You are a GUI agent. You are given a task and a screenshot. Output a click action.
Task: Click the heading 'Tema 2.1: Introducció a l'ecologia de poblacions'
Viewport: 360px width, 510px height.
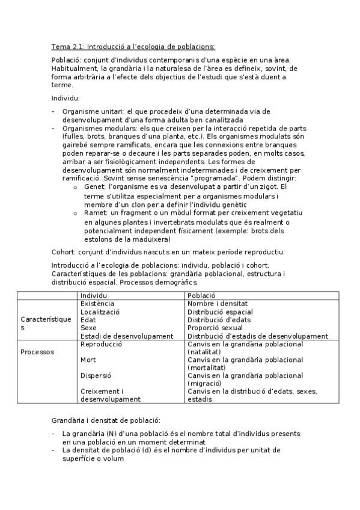coord(133,47)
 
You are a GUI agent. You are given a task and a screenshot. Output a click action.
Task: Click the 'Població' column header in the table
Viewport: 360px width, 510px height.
coord(202,296)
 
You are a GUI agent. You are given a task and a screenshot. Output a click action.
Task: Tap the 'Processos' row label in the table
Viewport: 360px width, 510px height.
coord(37,352)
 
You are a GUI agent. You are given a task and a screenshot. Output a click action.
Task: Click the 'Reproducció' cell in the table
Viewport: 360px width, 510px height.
coord(101,344)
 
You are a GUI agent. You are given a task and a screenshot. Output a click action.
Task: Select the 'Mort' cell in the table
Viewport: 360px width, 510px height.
coord(88,360)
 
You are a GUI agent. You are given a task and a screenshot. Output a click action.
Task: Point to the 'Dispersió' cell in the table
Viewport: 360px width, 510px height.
coord(96,375)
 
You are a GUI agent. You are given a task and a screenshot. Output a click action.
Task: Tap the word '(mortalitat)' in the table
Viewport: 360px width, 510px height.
coord(207,367)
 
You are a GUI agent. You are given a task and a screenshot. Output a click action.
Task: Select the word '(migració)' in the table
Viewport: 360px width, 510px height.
coord(205,383)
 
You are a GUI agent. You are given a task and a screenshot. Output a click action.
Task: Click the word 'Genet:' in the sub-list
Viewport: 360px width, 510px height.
coord(96,187)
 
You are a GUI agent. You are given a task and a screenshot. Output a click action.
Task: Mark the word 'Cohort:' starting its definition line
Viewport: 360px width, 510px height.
coord(64,251)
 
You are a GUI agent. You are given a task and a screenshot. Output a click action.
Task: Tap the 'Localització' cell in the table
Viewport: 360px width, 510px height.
coord(100,312)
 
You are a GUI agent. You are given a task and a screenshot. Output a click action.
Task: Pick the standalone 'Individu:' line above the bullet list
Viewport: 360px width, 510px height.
coord(66,97)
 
